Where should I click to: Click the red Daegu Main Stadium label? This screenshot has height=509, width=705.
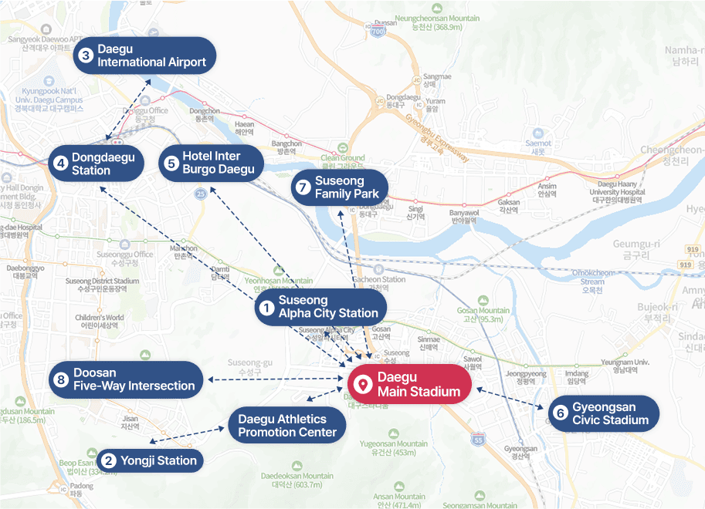(409, 385)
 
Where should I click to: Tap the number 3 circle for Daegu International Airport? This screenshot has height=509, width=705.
(86, 56)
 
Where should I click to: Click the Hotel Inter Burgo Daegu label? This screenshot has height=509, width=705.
(208, 163)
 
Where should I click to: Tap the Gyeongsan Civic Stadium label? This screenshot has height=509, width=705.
(603, 413)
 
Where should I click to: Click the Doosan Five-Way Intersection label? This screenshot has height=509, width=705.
(126, 379)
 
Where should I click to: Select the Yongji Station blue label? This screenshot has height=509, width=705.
(149, 461)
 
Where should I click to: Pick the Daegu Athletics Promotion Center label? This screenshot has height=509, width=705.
(287, 426)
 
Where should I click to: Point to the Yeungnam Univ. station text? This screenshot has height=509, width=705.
(625, 362)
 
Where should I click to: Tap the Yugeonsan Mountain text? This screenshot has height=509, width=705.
(393, 444)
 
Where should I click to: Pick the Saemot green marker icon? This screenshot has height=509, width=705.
(538, 132)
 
